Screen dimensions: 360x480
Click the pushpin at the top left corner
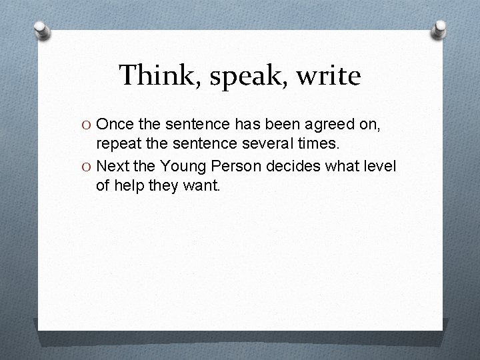[x=41, y=30]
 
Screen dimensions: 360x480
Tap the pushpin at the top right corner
[x=441, y=29]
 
